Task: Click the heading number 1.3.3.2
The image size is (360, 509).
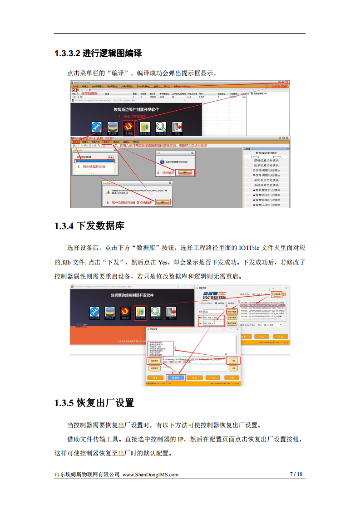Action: [x=68, y=54]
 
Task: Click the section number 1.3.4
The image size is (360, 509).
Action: [x=64, y=225]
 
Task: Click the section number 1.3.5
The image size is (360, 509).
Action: [x=64, y=402]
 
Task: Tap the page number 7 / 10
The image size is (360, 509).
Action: [x=296, y=474]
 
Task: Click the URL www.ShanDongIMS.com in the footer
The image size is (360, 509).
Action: [x=150, y=475]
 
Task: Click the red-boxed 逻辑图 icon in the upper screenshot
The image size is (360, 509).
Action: [x=128, y=127]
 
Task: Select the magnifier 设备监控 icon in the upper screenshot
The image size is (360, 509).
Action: [x=161, y=127]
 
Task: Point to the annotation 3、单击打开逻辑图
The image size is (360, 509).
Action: [x=133, y=117]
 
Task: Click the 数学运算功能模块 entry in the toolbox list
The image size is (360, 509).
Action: [x=266, y=165]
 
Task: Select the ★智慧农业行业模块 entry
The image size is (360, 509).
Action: [x=266, y=195]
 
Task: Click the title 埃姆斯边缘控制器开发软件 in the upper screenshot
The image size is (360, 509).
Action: [x=136, y=109]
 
